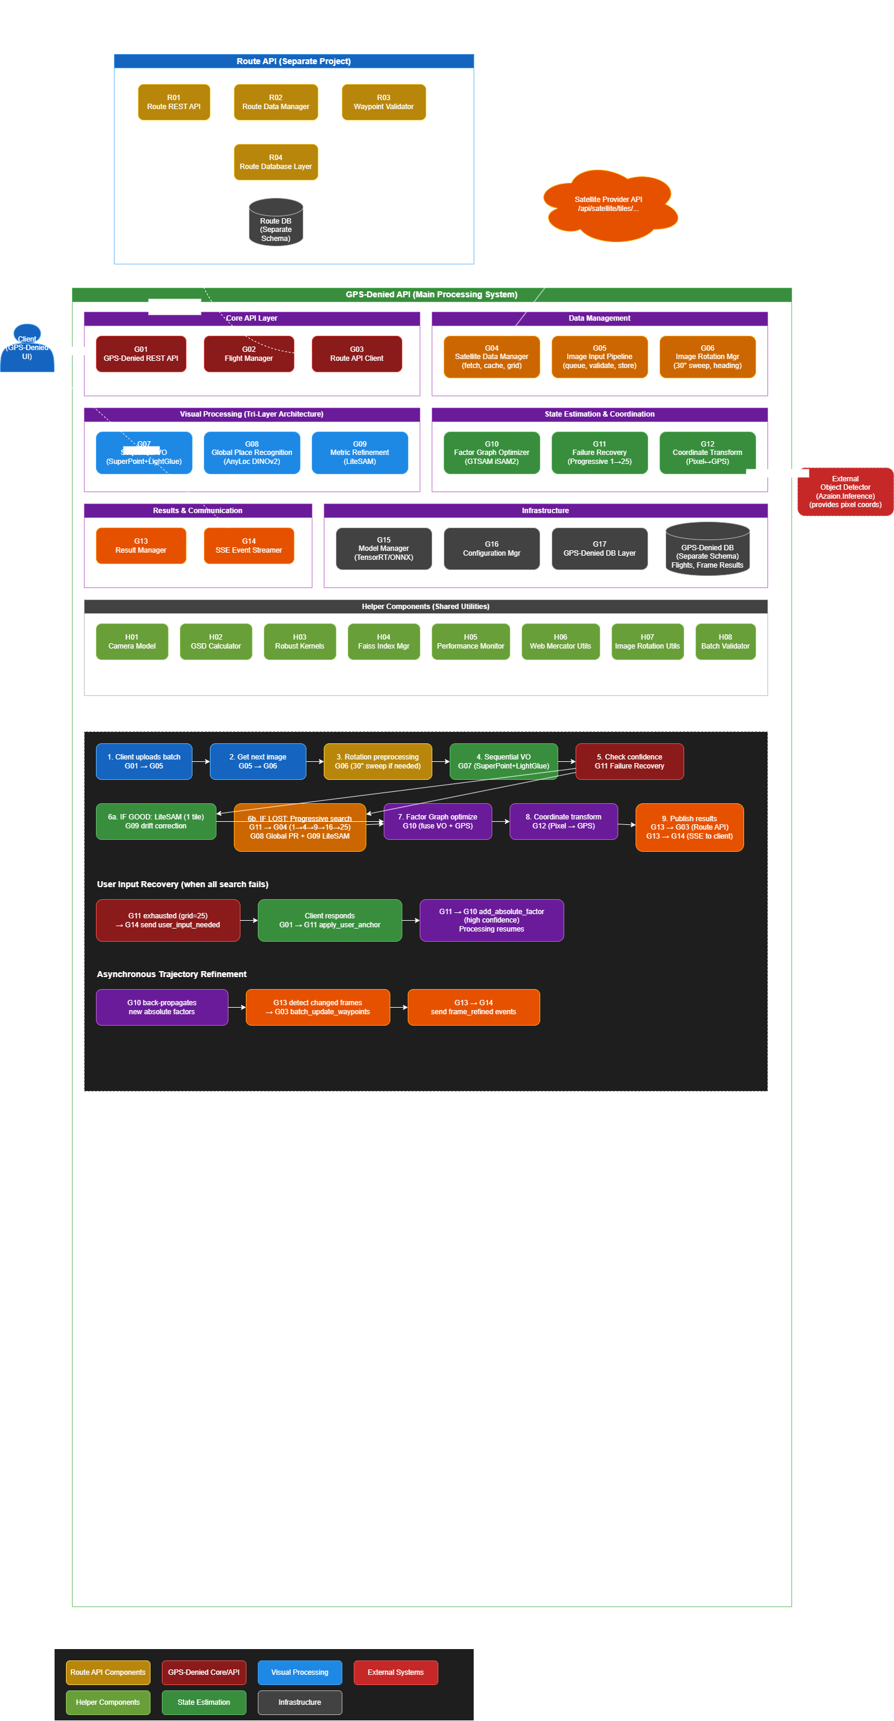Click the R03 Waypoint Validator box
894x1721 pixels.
[x=384, y=103]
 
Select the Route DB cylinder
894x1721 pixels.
[x=275, y=222]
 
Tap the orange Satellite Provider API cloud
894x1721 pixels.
[x=609, y=205]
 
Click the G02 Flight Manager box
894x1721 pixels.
[x=249, y=354]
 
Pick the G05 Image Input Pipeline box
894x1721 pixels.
[x=600, y=357]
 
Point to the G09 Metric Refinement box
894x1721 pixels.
[x=360, y=453]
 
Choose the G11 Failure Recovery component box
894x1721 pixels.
[x=600, y=453]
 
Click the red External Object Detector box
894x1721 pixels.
[x=845, y=492]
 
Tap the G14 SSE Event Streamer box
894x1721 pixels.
[x=249, y=546]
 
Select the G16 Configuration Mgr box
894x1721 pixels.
[x=491, y=548]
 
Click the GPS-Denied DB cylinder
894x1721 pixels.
[x=707, y=550]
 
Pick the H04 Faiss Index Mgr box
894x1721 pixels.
[x=384, y=641]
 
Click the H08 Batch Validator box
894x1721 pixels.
[x=725, y=641]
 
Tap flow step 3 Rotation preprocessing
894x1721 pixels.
[x=378, y=762]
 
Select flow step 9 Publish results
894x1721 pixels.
[x=689, y=827]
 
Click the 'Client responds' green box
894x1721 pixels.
[x=329, y=920]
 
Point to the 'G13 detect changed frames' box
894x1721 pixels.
[x=317, y=1007]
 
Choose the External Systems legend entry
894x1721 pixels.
[x=396, y=1672]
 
